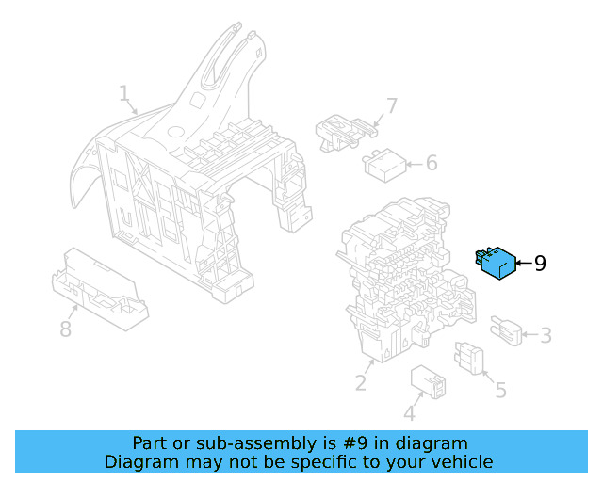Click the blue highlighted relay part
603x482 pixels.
496,264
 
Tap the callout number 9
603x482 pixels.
540,264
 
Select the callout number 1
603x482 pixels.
123,93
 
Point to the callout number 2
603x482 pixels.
360,382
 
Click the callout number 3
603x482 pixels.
546,335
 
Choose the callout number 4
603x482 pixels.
409,413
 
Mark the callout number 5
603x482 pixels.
500,390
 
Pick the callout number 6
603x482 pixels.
432,163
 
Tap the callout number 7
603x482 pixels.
392,105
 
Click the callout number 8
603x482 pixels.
65,329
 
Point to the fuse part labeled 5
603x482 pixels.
469,358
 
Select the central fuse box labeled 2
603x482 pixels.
396,278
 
